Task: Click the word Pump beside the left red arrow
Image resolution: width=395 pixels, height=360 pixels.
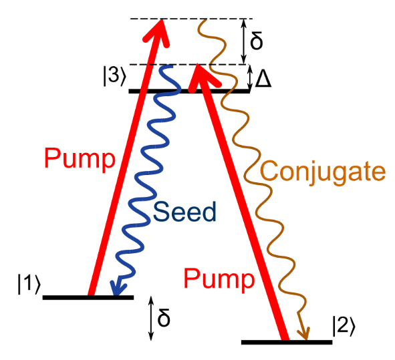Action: click(x=79, y=160)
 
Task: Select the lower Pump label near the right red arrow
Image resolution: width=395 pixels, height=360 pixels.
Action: click(x=220, y=279)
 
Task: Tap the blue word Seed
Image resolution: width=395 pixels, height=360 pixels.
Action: click(x=185, y=212)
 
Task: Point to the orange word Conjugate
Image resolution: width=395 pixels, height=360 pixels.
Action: click(x=323, y=172)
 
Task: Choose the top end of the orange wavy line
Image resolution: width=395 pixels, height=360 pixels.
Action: click(x=199, y=23)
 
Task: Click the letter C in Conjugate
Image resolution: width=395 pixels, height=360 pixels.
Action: click(x=269, y=172)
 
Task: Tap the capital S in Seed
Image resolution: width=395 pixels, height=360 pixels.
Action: click(x=160, y=212)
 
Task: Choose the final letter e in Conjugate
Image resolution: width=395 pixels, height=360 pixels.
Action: click(x=378, y=173)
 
